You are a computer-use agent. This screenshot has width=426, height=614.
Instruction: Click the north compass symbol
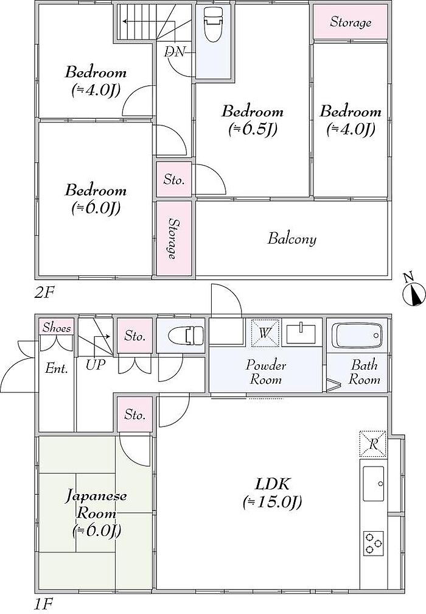pyautogui.click(x=413, y=292)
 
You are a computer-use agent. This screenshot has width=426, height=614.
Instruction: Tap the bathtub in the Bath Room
pyautogui.click(x=357, y=335)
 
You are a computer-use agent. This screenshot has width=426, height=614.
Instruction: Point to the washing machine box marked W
pyautogui.click(x=265, y=333)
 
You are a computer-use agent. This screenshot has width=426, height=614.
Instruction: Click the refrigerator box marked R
pyautogui.click(x=373, y=444)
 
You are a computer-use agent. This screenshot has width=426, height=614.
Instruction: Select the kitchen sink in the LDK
pyautogui.click(x=373, y=484)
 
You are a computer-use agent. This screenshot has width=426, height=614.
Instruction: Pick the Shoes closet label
pyautogui.click(x=57, y=327)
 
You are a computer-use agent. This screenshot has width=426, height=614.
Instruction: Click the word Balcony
pyautogui.click(x=292, y=239)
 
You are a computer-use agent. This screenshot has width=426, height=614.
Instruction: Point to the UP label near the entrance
pyautogui.click(x=96, y=365)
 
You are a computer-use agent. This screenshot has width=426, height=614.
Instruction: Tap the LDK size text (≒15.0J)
pyautogui.click(x=273, y=501)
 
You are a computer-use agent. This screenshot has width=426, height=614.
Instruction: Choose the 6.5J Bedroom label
pyautogui.click(x=253, y=120)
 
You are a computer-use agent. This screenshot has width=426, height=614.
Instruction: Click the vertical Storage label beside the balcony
pyautogui.click(x=172, y=239)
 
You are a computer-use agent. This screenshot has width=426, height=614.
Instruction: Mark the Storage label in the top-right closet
pyautogui.click(x=351, y=22)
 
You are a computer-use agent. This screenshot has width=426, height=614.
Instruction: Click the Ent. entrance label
pyautogui.click(x=57, y=369)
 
